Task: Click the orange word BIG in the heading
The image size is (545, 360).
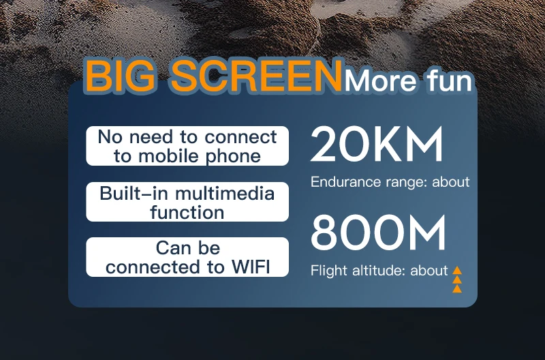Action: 121,76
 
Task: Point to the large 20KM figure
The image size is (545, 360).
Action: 377,144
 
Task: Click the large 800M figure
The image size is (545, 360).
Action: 378,232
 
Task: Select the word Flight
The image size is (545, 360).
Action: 329,271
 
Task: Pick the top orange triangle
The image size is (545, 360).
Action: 457,270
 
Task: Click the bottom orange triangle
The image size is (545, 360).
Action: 457,288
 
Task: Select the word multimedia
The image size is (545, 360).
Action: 225,194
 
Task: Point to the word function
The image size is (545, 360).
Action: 187,212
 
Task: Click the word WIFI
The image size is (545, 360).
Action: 251,267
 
